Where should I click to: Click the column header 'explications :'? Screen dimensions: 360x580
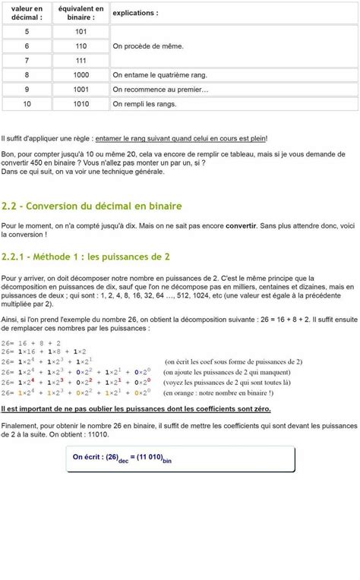click(136, 13)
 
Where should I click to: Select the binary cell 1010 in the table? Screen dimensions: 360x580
click(81, 104)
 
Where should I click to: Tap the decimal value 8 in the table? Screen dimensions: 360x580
click(27, 75)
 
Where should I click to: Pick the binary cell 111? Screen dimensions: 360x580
click(81, 61)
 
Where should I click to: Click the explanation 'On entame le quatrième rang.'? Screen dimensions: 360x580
click(159, 75)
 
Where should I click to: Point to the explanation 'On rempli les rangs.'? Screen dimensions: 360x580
click(144, 104)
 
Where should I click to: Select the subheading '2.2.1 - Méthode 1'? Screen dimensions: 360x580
click(86, 256)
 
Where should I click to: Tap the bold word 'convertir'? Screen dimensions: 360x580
click(241, 226)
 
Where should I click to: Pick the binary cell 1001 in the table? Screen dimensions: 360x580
click(81, 90)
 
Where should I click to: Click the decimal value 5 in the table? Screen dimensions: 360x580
click(27, 32)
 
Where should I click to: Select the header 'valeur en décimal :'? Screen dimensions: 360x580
click(27, 13)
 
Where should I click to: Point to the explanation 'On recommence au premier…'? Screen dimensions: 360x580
click(160, 90)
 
